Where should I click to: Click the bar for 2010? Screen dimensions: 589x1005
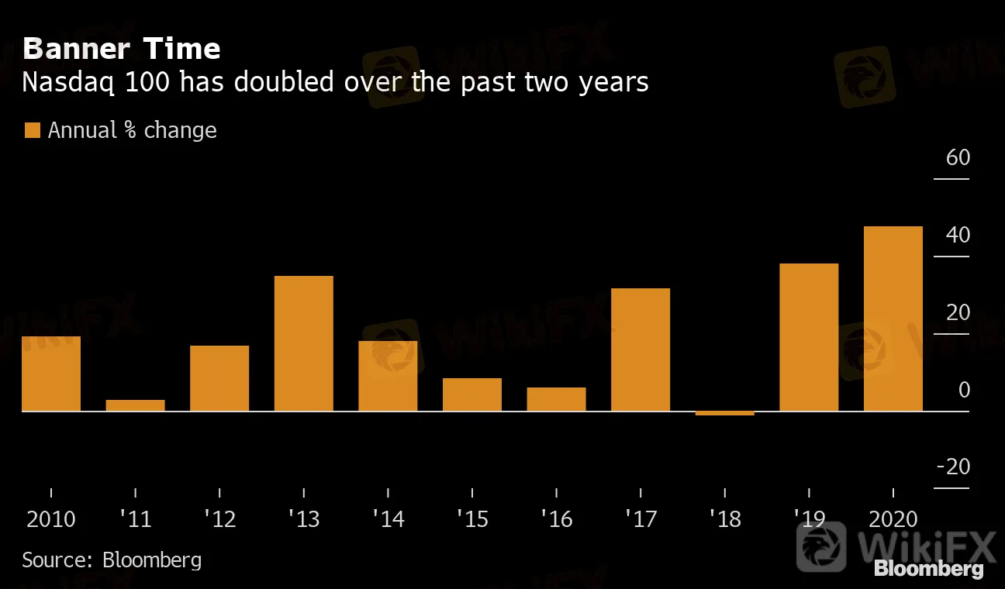51,374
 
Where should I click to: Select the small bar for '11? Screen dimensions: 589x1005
135,405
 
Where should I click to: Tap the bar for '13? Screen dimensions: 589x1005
303,343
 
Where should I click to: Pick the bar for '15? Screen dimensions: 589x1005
471,394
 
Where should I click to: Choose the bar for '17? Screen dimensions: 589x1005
640,350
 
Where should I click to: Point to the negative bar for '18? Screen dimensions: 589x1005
724,413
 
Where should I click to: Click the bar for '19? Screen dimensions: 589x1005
808,337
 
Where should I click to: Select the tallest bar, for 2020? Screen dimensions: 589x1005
893,319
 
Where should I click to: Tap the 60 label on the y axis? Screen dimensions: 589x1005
958,158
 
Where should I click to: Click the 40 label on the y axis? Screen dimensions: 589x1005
958,235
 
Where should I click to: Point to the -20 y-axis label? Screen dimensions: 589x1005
953,467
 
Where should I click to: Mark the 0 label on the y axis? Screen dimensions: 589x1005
964,390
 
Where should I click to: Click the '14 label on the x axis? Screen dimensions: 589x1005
388,518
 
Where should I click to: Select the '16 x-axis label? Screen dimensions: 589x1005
556,518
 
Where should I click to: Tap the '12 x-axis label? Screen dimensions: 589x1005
219,518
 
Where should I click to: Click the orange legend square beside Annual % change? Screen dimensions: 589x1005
32,130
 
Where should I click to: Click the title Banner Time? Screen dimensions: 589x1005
122,50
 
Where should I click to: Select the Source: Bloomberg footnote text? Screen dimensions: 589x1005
112,560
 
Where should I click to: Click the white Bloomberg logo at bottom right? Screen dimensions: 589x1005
928,569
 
